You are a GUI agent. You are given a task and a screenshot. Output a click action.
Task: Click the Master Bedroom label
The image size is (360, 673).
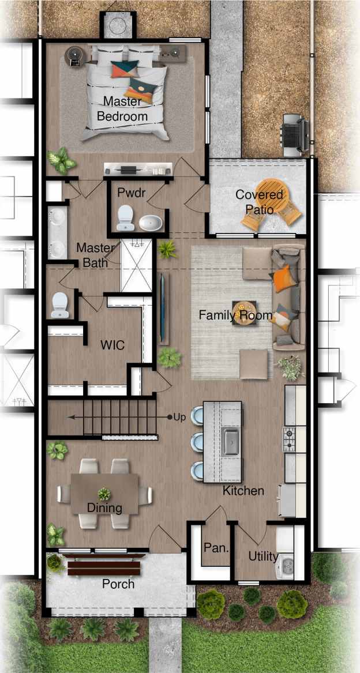coord(122,108)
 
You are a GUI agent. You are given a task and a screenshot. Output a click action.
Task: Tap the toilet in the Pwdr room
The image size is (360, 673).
coord(125,219)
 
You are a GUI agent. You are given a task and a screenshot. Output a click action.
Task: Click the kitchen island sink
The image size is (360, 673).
coord(231,442)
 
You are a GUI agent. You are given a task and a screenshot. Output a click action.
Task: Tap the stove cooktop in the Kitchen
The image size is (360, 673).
coord(290,439)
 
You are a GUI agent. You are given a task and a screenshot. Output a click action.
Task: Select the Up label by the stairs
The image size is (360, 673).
coord(179,417)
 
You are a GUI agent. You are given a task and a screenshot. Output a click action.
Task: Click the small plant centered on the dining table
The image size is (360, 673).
coord(104,494)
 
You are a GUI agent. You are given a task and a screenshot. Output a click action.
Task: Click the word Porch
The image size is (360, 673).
coord(118,584)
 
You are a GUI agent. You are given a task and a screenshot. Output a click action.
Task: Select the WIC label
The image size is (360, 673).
coord(112,345)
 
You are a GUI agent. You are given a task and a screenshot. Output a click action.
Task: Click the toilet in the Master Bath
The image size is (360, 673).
coord(60,305)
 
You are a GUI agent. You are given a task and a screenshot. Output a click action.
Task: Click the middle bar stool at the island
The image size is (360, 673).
coord(197,442)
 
